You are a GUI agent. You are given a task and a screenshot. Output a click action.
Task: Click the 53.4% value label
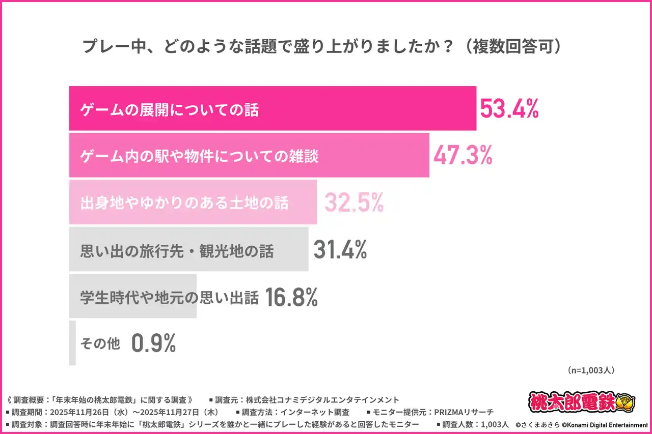509,109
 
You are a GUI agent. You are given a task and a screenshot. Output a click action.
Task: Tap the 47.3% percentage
463,156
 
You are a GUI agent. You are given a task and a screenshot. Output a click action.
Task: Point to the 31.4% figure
340,250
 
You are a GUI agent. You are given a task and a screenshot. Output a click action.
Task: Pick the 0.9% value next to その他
153,344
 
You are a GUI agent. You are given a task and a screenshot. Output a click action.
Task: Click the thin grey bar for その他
72,343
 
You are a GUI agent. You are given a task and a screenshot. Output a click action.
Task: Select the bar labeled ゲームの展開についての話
273,109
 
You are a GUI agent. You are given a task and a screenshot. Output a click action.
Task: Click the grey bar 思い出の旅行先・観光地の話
188,250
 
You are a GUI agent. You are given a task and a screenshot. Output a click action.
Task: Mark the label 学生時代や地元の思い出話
170,297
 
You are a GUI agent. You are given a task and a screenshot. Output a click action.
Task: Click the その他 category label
100,344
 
